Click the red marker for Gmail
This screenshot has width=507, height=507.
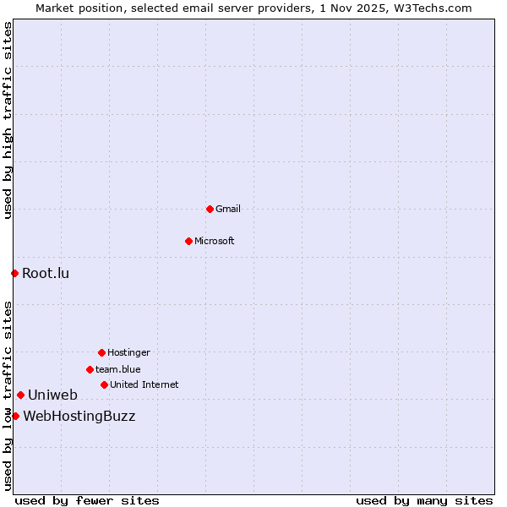(x=210, y=209)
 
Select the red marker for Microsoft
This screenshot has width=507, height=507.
(x=188, y=241)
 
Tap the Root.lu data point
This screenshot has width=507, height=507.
(x=14, y=273)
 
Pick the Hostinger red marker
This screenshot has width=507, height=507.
(x=101, y=352)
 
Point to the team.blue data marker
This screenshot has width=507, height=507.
(x=90, y=369)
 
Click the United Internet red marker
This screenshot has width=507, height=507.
(x=104, y=384)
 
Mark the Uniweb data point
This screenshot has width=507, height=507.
(x=20, y=395)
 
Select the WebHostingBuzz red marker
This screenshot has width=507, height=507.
(x=15, y=416)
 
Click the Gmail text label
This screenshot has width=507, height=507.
(x=228, y=209)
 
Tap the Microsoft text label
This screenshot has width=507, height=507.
(x=215, y=241)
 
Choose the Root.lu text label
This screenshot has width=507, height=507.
(x=46, y=273)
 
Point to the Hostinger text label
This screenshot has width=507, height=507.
(x=128, y=352)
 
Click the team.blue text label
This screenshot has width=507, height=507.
(x=118, y=369)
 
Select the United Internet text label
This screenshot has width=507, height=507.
(x=144, y=384)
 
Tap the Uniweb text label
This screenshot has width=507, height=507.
(x=52, y=395)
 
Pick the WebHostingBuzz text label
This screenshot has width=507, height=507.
(x=79, y=416)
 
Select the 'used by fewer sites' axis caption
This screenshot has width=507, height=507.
(x=87, y=500)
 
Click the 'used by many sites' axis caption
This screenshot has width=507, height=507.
(x=424, y=500)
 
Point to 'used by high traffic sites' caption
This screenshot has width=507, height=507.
(x=8, y=120)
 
